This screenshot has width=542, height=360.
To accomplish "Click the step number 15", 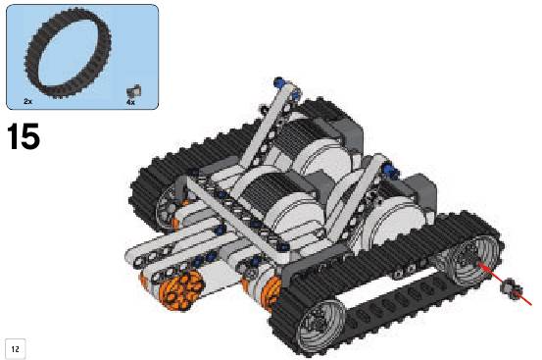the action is coord(24,137).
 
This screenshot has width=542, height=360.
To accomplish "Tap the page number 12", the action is coord(16,349).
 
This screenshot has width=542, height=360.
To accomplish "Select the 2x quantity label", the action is coord(28,101).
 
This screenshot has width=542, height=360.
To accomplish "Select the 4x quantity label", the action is coord(130,102).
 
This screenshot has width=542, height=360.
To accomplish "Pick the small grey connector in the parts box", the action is coord(133,90).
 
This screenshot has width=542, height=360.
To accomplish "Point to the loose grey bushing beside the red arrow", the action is coord(511,287).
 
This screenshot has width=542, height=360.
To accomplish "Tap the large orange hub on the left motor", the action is coord(179,290).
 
